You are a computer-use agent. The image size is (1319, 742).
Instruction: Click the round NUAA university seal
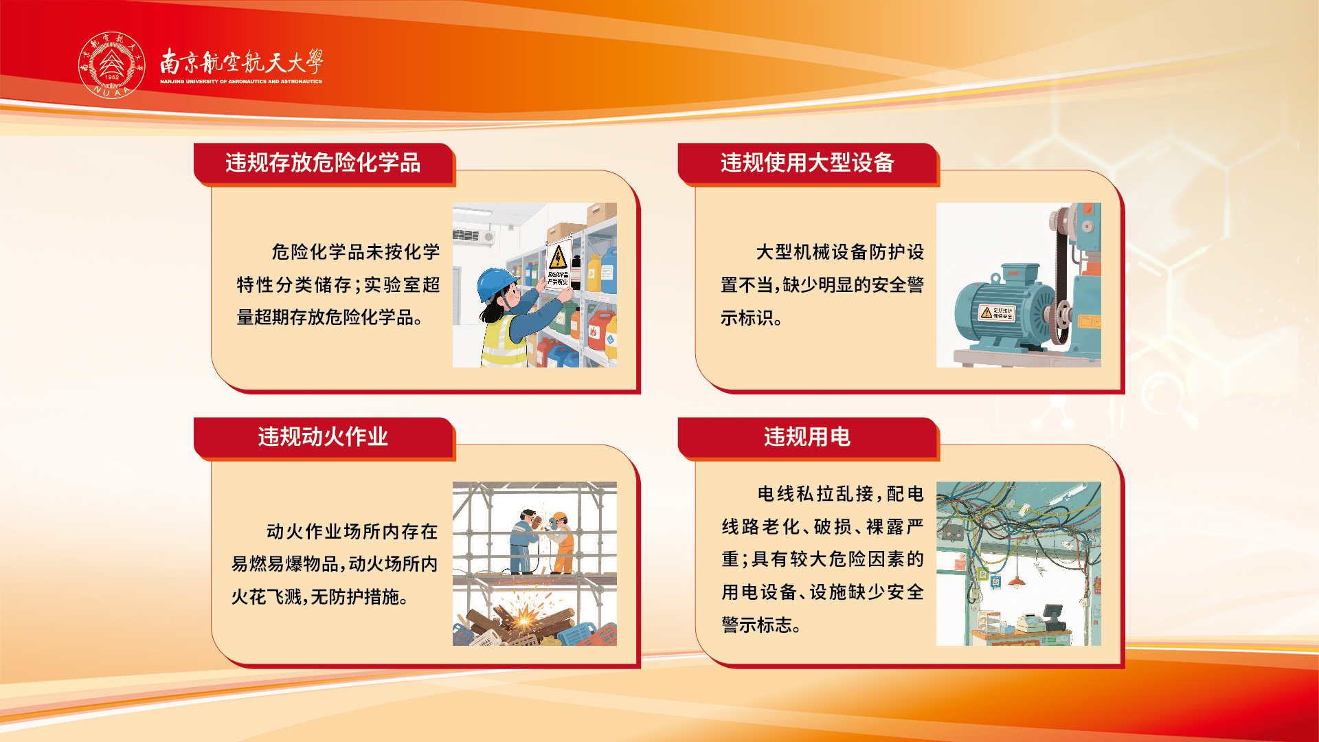[112, 65]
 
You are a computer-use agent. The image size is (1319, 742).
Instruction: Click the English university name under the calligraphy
[241, 81]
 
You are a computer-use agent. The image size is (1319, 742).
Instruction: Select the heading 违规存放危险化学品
[323, 163]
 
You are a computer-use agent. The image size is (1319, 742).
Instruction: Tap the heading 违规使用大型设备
[807, 163]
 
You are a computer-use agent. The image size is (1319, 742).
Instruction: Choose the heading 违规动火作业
[323, 437]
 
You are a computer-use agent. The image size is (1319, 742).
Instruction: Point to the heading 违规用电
[807, 437]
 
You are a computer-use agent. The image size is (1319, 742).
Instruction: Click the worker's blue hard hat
[496, 283]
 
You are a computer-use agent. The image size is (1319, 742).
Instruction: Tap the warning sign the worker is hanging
[559, 264]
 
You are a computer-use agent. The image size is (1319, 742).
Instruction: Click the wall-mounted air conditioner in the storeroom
[473, 236]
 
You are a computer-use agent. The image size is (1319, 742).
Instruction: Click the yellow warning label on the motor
[997, 313]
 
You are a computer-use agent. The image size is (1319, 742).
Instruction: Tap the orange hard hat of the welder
[560, 516]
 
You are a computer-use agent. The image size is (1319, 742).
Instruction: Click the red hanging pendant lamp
[1017, 581]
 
